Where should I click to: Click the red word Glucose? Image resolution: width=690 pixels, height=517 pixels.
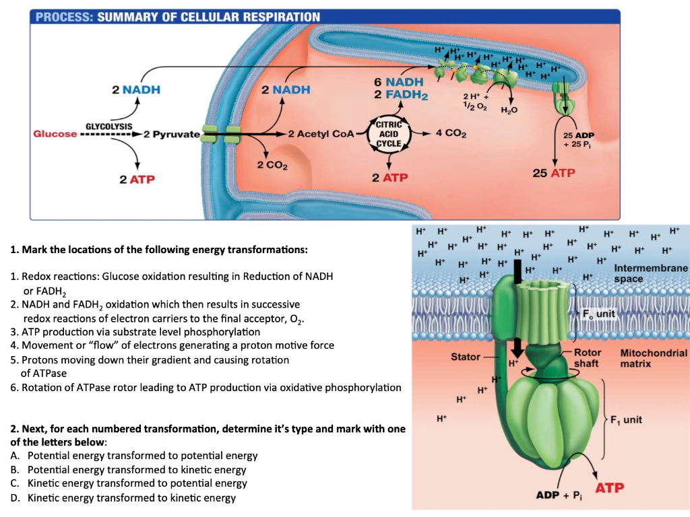click(x=55, y=134)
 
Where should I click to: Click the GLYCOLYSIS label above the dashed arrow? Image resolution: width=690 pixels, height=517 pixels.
click(x=109, y=126)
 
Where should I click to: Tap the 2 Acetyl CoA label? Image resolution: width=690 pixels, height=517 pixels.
click(x=320, y=134)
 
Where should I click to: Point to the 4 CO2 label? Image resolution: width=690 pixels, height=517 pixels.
click(x=451, y=133)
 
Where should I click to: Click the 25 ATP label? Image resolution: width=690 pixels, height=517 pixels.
click(x=554, y=173)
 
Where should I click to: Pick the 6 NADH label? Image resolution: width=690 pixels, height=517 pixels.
click(x=399, y=82)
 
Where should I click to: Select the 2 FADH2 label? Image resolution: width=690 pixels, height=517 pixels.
click(x=401, y=95)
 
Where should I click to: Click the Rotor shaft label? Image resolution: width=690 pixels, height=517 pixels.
click(x=586, y=358)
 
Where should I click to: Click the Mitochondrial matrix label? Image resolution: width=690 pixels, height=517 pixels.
click(x=653, y=358)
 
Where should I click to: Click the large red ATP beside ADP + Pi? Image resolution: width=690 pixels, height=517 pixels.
click(x=608, y=487)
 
